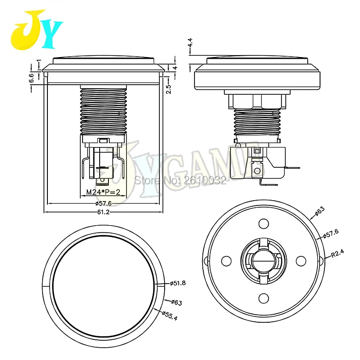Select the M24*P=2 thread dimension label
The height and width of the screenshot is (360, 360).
[103, 192]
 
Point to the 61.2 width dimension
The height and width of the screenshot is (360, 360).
[103, 212]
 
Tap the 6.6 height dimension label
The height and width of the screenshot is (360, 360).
[32, 78]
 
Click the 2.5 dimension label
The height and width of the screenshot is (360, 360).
[169, 89]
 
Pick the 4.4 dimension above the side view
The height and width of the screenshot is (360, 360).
[190, 43]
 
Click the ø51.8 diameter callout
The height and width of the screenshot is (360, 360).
[178, 283]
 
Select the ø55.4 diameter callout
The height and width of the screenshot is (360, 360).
[169, 316]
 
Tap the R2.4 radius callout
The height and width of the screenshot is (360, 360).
[338, 253]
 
